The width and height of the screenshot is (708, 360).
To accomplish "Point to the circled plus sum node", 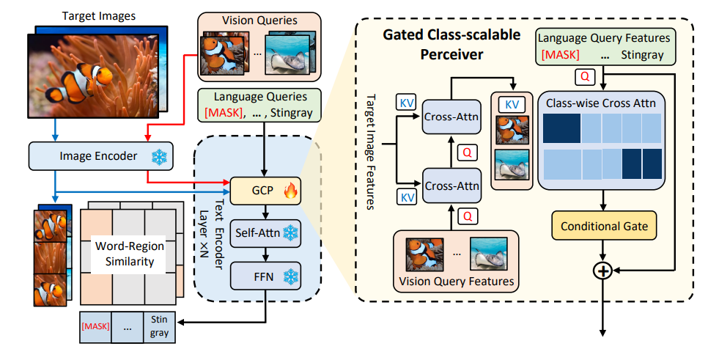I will [x=602, y=271].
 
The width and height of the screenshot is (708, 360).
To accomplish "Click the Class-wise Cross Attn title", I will [x=602, y=103].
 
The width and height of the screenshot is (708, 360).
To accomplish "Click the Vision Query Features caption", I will [x=457, y=281].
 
